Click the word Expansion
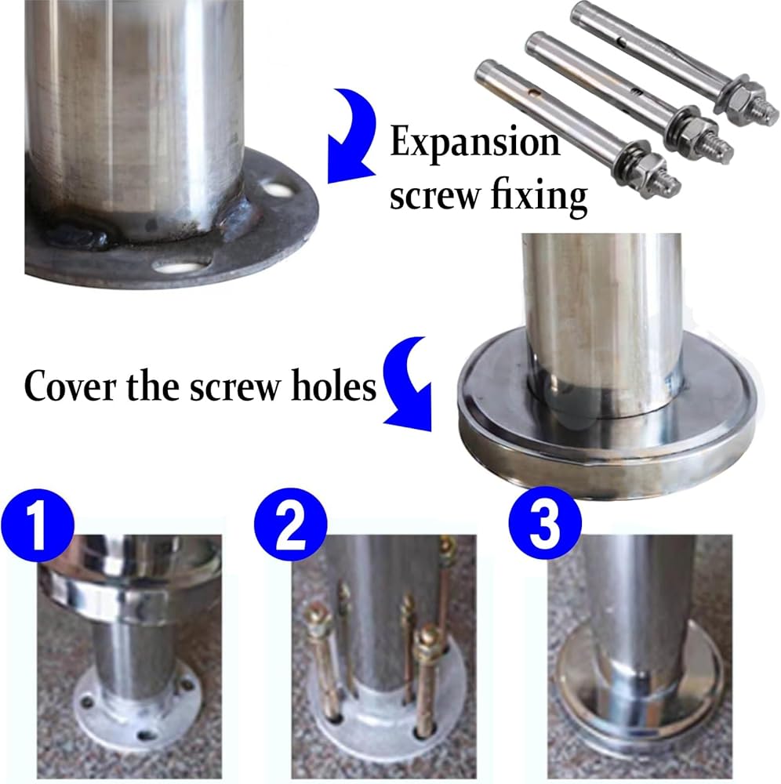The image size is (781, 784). point(474,143)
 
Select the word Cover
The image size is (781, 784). point(70,386)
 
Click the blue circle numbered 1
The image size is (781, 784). point(38,525)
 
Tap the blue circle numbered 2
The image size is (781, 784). point(290,525)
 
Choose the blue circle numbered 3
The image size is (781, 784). point(545,523)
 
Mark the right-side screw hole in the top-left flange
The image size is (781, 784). point(277,190)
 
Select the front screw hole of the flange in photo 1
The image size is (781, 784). point(146,735)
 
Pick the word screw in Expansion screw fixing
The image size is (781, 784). point(434,197)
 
